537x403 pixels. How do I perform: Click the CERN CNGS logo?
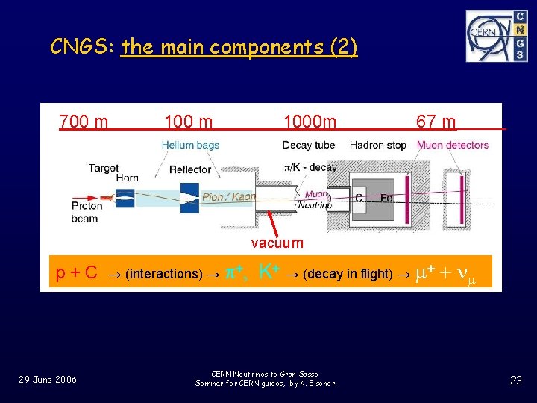point(496,35)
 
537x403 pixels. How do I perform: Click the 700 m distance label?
point(84,121)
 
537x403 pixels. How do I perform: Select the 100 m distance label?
point(188,121)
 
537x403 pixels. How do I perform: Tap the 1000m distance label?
point(310,121)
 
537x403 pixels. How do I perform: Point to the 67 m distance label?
point(436,121)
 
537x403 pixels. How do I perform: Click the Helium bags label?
point(190,145)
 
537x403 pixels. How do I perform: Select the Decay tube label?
point(309,145)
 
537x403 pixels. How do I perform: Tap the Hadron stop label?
point(377,145)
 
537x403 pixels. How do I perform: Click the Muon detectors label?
point(453,145)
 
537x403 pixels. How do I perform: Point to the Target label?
point(103,168)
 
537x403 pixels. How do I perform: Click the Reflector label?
point(190,169)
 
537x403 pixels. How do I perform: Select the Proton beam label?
point(87,212)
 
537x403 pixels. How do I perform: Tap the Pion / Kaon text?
point(229,197)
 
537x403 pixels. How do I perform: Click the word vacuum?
point(277,243)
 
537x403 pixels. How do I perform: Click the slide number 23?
point(515,380)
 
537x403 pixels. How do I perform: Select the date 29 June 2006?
point(48,380)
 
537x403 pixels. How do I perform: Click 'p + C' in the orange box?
point(77,272)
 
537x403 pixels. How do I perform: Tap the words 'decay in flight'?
point(348,273)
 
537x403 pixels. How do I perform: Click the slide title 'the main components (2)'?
point(239,48)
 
